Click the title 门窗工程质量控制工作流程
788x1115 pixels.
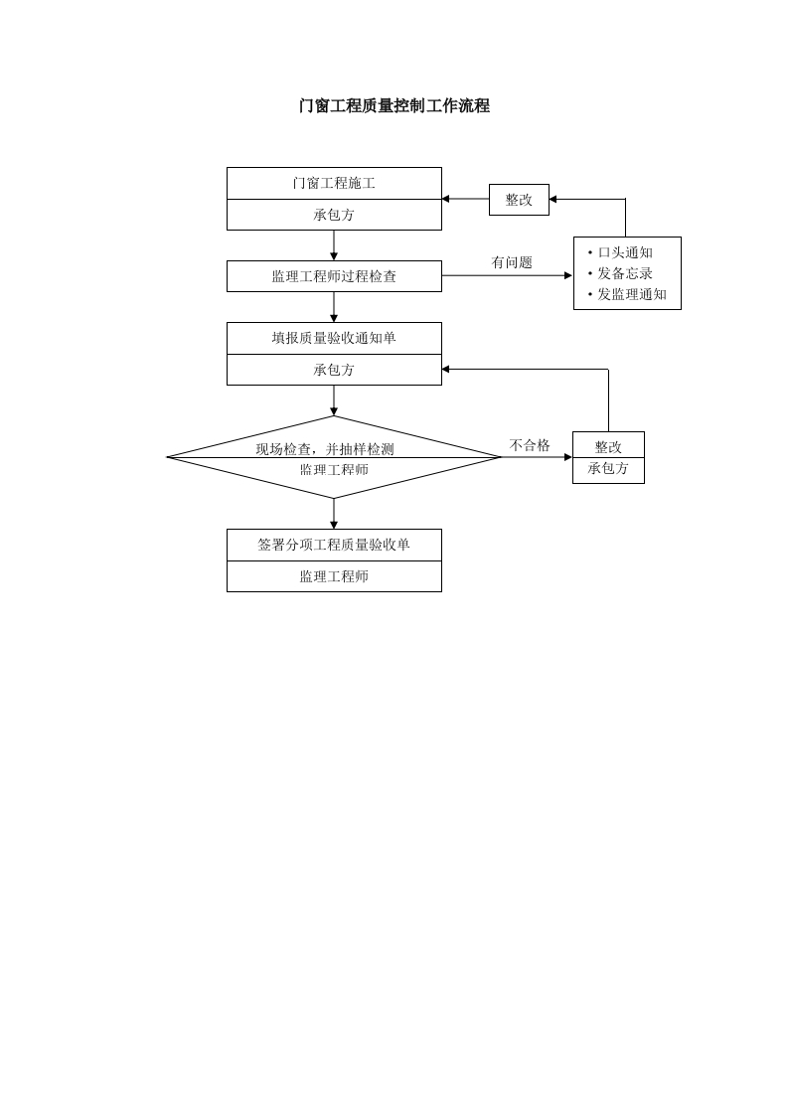[394, 106]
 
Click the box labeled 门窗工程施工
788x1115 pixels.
[334, 184]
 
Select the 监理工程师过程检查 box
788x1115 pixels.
[334, 276]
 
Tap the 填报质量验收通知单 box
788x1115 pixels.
[334, 338]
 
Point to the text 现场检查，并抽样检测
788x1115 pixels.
[325, 449]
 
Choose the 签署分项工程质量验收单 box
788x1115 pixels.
[334, 545]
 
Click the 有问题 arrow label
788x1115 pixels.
[512, 262]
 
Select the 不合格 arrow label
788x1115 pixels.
[530, 445]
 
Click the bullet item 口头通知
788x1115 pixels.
[625, 252]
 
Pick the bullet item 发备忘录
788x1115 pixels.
[625, 273]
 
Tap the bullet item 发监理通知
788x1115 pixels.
[632, 294]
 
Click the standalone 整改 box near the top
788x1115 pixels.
[519, 200]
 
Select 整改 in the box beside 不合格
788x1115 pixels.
[608, 447]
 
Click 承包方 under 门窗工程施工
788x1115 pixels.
[334, 215]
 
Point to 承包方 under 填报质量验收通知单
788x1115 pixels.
[334, 370]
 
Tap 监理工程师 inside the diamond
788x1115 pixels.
[334, 469]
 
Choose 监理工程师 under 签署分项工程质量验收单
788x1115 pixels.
[334, 576]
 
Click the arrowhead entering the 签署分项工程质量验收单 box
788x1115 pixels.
[334, 525]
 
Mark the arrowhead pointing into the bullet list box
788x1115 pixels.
[568, 275]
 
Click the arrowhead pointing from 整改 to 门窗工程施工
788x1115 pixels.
[446, 199]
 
